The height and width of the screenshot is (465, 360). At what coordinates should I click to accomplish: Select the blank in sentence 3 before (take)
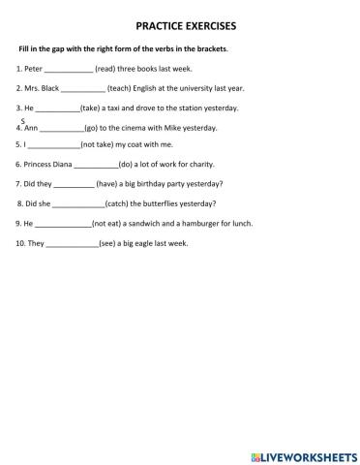point(57,108)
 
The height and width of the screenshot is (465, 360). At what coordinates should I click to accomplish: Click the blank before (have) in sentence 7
point(75,183)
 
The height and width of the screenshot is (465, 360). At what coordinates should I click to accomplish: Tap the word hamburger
point(197,223)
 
